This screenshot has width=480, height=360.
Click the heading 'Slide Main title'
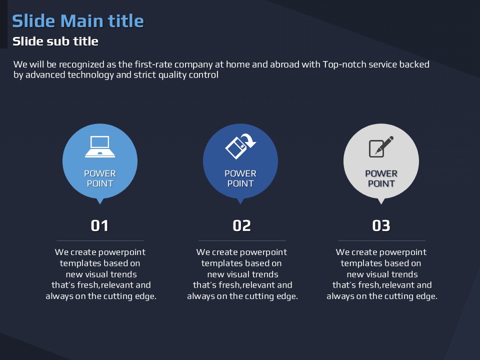pos(78,21)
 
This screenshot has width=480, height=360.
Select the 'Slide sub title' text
pos(55,41)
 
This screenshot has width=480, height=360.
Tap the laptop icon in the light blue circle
pos(100,146)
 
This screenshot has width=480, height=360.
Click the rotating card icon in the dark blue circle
pos(240,146)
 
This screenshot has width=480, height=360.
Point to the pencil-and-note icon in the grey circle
pos(381,146)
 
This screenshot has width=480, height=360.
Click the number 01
pos(99,226)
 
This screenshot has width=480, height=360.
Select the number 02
pos(241,226)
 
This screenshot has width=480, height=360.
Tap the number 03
pos(381,226)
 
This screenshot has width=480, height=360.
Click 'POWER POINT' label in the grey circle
pos(381,178)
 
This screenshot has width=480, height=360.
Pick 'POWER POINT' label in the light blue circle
pos(100,178)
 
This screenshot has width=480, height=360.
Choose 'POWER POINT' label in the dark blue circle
pos(240,178)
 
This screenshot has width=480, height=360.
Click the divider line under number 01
pos(100,241)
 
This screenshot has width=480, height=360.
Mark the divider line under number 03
pos(381,241)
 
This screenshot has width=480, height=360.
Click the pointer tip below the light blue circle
pos(100,204)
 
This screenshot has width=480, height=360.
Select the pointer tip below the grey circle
pos(381,204)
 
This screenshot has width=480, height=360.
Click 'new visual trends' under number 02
pos(243,274)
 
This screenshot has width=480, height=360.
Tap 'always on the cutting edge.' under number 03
pos(382,296)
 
